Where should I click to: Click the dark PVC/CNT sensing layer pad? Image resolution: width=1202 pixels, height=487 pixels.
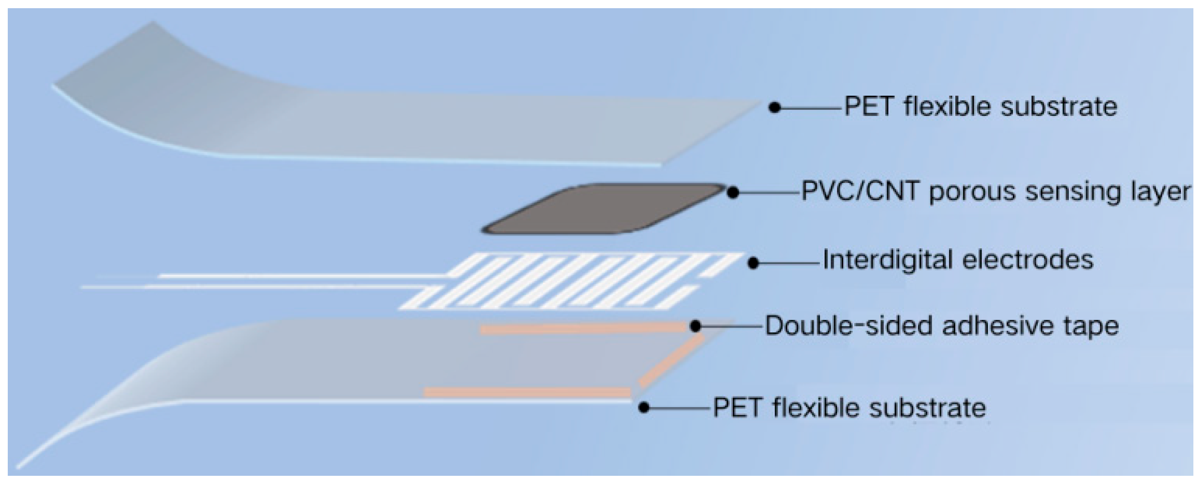602,208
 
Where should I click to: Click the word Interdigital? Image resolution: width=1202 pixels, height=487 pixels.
887,260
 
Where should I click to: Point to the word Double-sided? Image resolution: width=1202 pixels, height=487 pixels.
849,326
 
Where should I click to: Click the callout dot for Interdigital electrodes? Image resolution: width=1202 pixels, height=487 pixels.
753,263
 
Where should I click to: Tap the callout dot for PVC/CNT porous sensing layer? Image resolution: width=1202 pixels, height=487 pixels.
733,192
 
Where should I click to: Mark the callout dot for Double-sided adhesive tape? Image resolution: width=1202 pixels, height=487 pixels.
695,326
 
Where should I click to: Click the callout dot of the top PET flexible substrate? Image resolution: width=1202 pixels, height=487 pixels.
775,108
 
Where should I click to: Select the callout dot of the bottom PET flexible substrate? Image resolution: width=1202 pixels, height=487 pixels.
644,408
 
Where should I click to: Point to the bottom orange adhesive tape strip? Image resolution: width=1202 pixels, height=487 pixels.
527,392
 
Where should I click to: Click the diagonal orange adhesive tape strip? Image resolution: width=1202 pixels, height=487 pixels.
670,362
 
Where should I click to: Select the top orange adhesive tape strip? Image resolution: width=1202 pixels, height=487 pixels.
583,329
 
